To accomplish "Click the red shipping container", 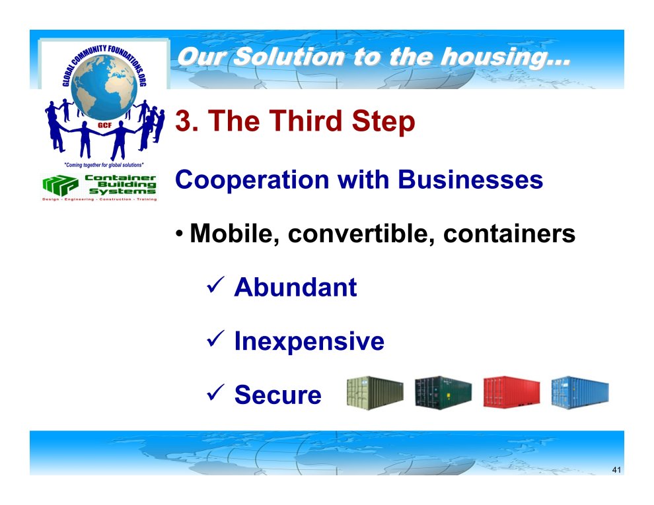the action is [x=512, y=391].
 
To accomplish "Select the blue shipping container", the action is [x=580, y=393].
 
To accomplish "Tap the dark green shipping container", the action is [x=443, y=392].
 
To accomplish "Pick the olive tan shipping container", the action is [x=375, y=393].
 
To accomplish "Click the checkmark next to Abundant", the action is [x=215, y=285].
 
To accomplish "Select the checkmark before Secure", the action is [x=215, y=393].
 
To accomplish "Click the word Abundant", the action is [x=295, y=287].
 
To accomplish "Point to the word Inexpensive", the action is [x=309, y=342].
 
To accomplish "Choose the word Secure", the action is [x=277, y=394].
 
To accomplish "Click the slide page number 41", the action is [x=616, y=469].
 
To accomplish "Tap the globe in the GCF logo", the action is [x=104, y=86].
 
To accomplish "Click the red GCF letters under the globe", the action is [x=104, y=125].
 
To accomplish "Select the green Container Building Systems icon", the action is [x=60, y=185].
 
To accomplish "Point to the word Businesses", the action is [x=470, y=180].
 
